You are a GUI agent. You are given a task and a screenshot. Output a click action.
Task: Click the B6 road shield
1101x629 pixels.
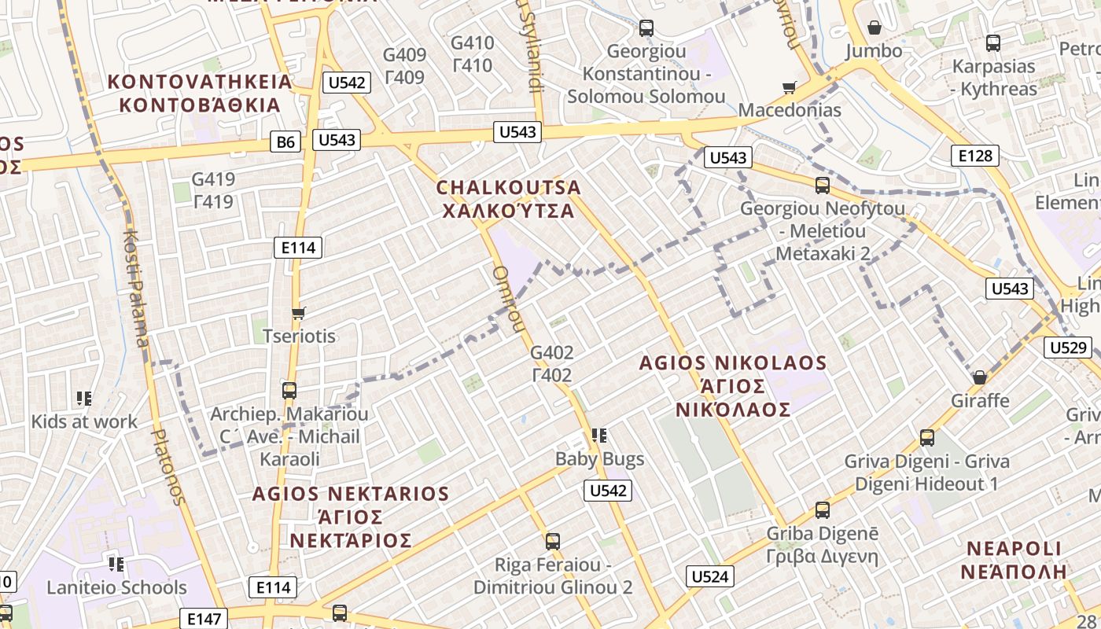point(286,142)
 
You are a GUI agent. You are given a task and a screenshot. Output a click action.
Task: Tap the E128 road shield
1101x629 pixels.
point(975,156)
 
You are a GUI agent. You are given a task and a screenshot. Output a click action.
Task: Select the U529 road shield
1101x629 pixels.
point(1069,348)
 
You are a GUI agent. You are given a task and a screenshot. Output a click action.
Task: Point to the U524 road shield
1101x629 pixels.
point(710,577)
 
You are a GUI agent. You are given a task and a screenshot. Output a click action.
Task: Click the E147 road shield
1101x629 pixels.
point(204,619)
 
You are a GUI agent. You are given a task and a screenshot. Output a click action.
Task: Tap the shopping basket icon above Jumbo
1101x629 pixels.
point(874,28)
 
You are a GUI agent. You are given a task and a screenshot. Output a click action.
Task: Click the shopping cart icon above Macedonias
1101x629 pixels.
point(789,87)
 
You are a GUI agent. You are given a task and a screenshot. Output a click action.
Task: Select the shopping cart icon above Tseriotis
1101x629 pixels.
point(298,314)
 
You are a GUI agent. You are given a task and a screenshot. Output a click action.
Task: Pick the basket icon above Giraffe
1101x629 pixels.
point(979,377)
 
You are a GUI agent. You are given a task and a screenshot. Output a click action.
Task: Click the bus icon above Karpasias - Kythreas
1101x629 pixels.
point(993,43)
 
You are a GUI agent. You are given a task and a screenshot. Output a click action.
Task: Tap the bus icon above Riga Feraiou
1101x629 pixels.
point(553,541)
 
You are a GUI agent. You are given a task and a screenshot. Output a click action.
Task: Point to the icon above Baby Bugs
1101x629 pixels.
point(599,435)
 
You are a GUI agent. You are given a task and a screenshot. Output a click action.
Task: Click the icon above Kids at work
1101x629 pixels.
point(84,399)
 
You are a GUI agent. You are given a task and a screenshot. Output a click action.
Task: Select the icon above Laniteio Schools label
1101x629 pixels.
point(116,564)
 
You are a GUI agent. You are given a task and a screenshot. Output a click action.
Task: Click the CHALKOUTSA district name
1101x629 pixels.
point(509,188)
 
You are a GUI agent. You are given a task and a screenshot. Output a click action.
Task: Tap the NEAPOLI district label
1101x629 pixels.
point(1014,549)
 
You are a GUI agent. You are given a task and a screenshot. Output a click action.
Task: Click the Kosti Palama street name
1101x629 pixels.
point(136,288)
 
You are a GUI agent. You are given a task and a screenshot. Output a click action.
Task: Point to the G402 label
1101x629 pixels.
point(552,352)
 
